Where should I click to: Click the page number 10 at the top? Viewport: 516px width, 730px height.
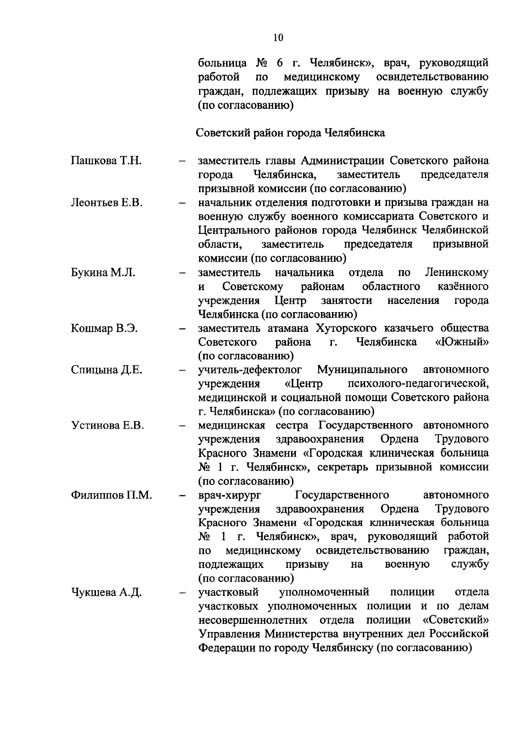(x=278, y=38)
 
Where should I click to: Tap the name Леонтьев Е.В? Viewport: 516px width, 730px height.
(x=106, y=202)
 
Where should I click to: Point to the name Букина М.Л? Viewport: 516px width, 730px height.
(x=103, y=273)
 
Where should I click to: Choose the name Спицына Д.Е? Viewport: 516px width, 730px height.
(x=106, y=370)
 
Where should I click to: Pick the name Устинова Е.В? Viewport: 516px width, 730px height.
(x=107, y=426)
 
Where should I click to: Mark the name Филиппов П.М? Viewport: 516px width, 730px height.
(x=111, y=495)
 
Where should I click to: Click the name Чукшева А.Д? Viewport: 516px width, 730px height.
(x=106, y=593)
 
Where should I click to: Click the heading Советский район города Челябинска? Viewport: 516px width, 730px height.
(x=290, y=133)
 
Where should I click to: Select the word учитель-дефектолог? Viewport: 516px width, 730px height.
(x=250, y=370)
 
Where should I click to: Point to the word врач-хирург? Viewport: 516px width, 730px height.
(x=230, y=495)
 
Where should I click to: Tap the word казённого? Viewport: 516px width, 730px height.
(x=463, y=287)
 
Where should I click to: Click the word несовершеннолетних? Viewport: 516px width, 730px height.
(x=253, y=621)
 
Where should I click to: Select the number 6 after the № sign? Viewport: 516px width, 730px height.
(x=279, y=64)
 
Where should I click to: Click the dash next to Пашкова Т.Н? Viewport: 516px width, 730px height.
(x=182, y=162)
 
